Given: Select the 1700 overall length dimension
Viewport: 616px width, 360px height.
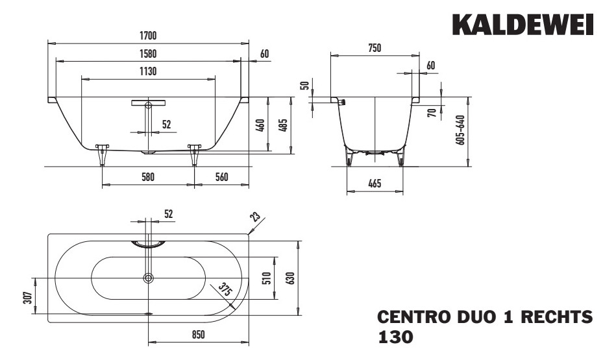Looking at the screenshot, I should coord(148,35).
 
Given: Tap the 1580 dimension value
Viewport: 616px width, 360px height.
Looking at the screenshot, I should coord(148,53).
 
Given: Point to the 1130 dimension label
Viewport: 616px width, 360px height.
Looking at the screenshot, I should coord(148,71).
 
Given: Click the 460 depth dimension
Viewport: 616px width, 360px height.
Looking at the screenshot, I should coord(260,125).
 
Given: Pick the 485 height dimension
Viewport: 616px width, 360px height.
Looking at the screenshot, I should coord(283,125).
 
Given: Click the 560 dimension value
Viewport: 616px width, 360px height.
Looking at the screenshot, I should coord(222,177).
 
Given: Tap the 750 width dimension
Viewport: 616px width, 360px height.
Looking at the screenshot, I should coord(374,48).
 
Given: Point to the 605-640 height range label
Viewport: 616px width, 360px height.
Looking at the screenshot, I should coord(460,130).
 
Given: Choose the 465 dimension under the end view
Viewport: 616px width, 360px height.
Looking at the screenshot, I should coord(374,185).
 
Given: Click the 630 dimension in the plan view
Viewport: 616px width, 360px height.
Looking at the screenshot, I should coord(290,278).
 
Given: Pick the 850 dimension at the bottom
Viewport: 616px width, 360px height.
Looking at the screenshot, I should coord(198,335).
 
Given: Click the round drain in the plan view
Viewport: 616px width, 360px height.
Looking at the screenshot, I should coord(149,278).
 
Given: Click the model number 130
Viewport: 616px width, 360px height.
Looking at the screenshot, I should coord(395,337).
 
